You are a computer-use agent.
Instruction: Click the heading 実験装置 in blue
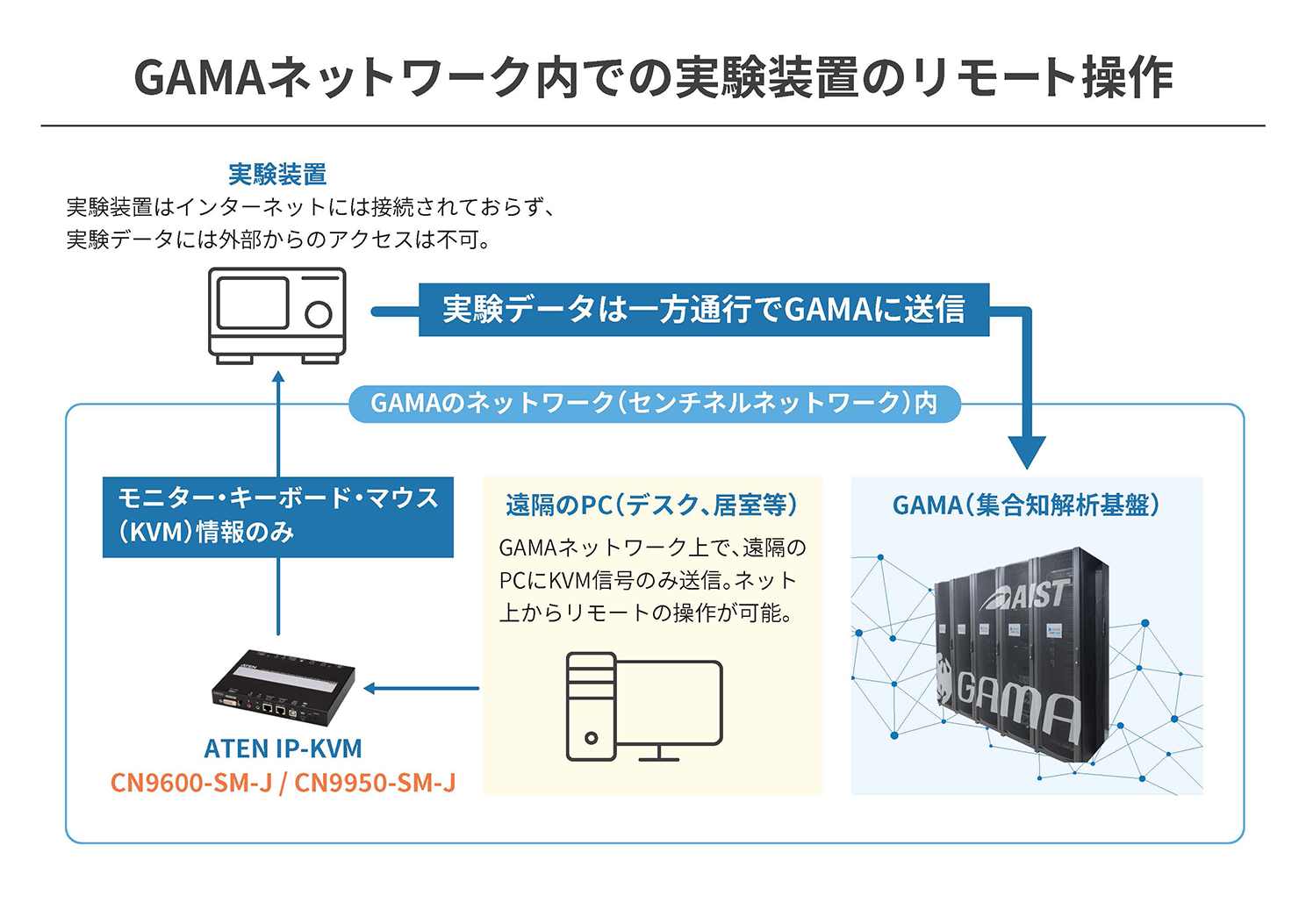(x=277, y=175)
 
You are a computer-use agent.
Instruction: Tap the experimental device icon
(x=276, y=315)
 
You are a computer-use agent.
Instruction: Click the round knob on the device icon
(x=318, y=314)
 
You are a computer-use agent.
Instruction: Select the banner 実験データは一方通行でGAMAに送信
(x=703, y=310)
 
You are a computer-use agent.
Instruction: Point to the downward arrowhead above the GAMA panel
(x=1026, y=452)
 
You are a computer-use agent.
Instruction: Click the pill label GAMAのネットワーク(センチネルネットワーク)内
(x=654, y=404)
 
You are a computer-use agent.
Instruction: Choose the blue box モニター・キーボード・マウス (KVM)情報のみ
(x=277, y=516)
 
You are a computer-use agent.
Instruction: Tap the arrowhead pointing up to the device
(x=278, y=378)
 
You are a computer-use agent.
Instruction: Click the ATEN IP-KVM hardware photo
(x=283, y=688)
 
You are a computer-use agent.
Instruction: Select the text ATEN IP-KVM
(x=283, y=749)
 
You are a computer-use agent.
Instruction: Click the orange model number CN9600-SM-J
(x=191, y=783)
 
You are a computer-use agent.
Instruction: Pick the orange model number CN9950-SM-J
(x=375, y=783)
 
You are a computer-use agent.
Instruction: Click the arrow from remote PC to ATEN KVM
(x=421, y=689)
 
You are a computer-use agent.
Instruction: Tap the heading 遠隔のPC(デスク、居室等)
(x=651, y=505)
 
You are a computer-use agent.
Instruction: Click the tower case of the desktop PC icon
(x=591, y=706)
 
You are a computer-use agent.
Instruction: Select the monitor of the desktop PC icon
(x=668, y=703)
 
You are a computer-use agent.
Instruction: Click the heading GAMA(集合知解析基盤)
(x=1026, y=505)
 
